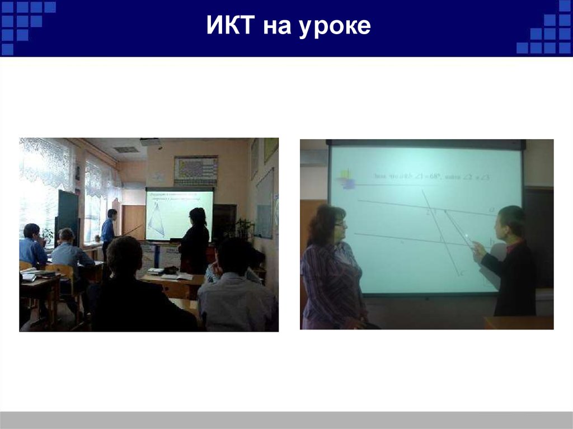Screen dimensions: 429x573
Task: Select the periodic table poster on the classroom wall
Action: coord(195,170)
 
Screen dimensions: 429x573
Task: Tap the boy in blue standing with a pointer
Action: coord(108,229)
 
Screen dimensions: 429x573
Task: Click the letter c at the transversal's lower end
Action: coord(461,274)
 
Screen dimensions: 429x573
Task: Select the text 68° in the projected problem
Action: coord(434,177)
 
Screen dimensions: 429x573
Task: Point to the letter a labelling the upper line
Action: coord(491,209)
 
